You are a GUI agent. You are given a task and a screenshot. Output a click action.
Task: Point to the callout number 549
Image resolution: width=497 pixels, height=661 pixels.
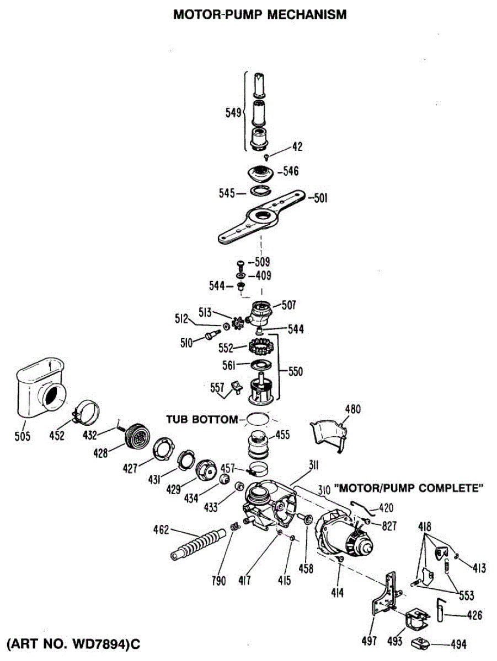[x=234, y=113]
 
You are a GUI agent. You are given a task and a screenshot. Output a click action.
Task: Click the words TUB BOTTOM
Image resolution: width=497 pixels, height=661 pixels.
[x=201, y=419]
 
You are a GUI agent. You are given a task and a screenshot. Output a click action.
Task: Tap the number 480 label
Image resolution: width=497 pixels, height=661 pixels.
[x=352, y=409]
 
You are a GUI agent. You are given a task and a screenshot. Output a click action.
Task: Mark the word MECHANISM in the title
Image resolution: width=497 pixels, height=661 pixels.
[x=307, y=15]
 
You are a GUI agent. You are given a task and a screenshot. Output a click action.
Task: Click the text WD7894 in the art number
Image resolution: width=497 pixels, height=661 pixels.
[x=97, y=644]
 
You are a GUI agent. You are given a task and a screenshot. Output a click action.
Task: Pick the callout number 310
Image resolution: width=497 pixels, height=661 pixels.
[x=324, y=488]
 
